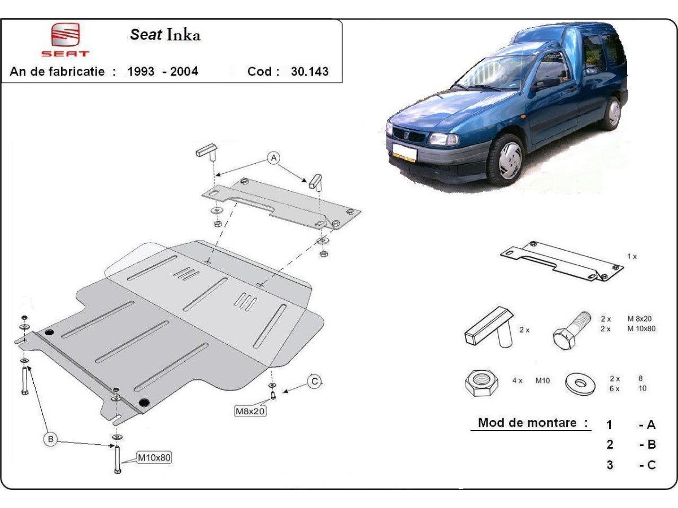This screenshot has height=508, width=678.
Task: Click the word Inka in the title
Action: [x=184, y=35]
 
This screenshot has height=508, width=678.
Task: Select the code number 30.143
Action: [x=310, y=72]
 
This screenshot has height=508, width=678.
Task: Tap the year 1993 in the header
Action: [x=141, y=72]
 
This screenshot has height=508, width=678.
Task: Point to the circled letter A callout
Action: [x=273, y=158]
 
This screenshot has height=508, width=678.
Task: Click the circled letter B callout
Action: [x=51, y=439]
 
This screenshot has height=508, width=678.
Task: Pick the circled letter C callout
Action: [x=315, y=382]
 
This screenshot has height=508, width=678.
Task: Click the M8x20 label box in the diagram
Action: [x=250, y=411]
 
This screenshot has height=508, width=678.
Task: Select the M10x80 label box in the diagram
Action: [x=154, y=457]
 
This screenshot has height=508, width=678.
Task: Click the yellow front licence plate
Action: [x=405, y=154]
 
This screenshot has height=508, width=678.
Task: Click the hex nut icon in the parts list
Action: [x=481, y=383]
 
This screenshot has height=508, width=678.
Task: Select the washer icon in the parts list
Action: [x=580, y=383]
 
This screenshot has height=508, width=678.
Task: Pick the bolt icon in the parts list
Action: [x=571, y=331]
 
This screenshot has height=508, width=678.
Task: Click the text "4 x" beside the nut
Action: [x=517, y=380]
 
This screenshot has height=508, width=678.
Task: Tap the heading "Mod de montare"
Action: [x=527, y=423]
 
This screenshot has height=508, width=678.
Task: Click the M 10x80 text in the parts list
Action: [x=641, y=329]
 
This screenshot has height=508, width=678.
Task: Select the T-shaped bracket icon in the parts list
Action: [x=489, y=327]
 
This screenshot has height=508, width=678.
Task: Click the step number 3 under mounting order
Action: [x=610, y=465]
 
